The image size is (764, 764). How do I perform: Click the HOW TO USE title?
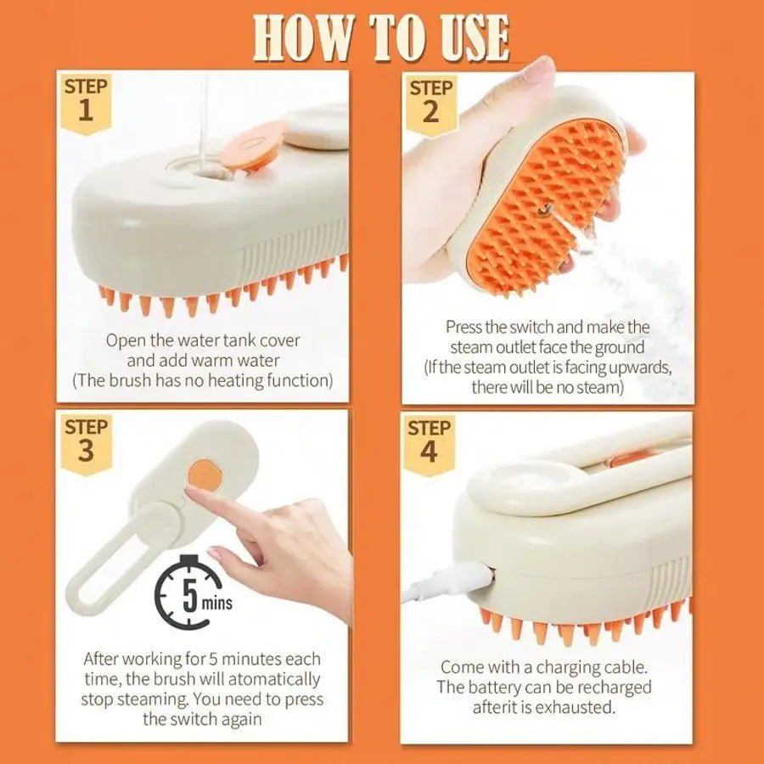pyautogui.click(x=382, y=37)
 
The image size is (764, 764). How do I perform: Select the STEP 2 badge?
pyautogui.click(x=430, y=101)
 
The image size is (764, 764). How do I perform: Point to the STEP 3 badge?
pyautogui.click(x=86, y=441)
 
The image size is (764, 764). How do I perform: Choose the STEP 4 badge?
pyautogui.click(x=430, y=442)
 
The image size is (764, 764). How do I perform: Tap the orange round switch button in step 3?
pyautogui.click(x=202, y=472)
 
